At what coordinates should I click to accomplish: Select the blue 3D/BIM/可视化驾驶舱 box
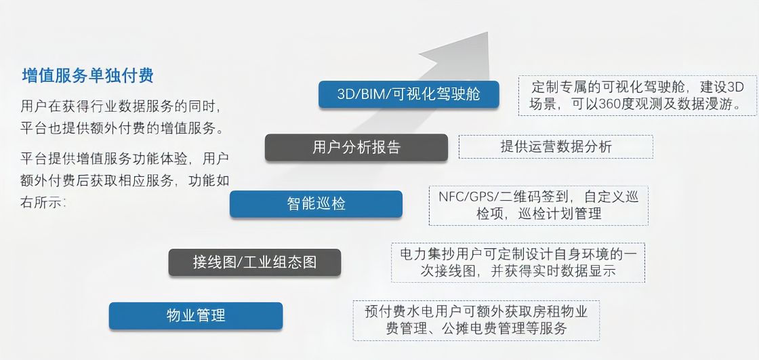[x=409, y=94]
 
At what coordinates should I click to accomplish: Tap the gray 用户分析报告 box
[x=356, y=147]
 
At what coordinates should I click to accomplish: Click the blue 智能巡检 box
[x=316, y=203]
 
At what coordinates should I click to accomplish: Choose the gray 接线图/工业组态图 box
[x=254, y=262]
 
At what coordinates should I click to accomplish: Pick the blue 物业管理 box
[x=195, y=315]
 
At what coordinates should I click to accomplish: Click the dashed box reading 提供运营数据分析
[x=556, y=146]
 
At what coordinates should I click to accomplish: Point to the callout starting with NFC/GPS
[x=538, y=205]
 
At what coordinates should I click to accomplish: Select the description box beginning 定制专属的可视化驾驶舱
[x=637, y=96]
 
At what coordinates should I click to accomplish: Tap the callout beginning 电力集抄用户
[x=518, y=262]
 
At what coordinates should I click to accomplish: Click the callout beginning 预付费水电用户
[x=476, y=321]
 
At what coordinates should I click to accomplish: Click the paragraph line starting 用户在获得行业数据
[x=121, y=106]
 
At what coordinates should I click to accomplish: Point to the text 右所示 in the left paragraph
[x=43, y=201]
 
